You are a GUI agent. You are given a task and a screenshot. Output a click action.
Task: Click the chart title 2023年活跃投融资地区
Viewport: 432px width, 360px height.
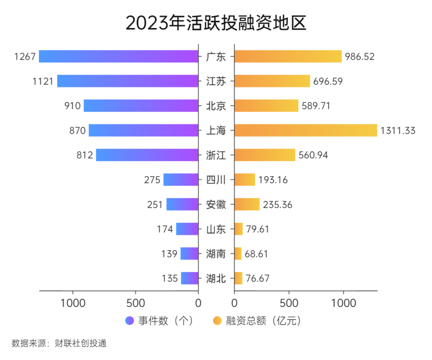coord(216,23)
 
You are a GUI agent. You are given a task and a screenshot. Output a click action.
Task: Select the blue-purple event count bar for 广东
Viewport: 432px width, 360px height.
coord(119,56)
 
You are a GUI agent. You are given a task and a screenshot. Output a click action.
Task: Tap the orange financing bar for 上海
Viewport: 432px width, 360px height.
coord(305,130)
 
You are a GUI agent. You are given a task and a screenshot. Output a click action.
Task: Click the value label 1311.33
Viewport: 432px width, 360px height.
coord(398,130)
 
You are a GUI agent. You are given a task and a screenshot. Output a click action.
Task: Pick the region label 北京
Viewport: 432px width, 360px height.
coord(216,105)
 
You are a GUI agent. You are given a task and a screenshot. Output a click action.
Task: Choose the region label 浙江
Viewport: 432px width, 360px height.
coord(216,155)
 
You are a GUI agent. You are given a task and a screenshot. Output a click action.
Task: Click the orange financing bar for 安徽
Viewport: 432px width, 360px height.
coord(247,204)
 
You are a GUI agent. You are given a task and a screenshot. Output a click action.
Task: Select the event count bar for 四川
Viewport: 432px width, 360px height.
coord(181,180)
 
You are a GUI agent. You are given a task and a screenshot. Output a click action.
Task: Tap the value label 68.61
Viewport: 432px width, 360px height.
coord(257,254)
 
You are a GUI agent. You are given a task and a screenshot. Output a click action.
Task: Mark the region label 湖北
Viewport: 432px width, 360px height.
coord(216,278)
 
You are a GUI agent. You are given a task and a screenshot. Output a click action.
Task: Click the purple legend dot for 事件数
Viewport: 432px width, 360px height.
coord(130,321)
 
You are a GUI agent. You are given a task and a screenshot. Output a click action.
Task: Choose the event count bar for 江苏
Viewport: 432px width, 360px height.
coord(128,81)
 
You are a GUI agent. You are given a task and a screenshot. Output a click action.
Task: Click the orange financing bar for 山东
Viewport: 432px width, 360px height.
coord(239,229)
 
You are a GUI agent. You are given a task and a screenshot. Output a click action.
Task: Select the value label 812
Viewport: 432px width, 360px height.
coord(84,155)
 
